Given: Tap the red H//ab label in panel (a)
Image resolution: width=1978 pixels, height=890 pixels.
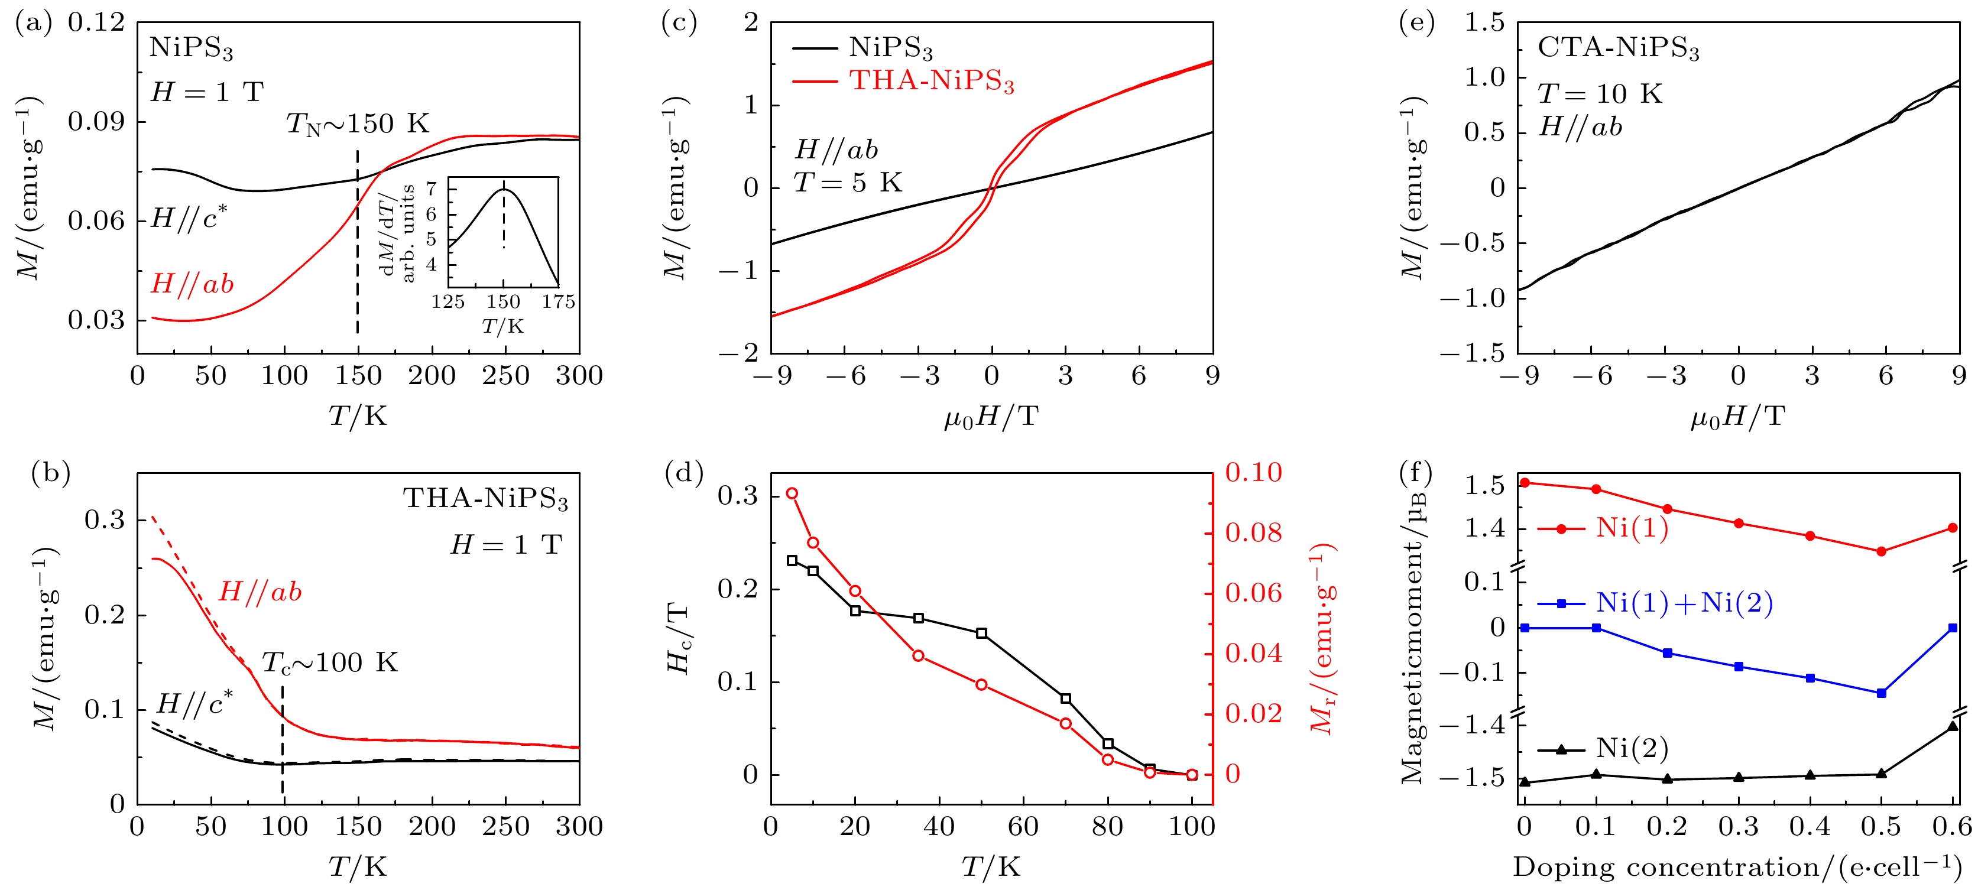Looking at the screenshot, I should click(x=192, y=284).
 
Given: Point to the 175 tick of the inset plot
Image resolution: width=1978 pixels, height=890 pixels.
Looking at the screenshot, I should click(x=558, y=302).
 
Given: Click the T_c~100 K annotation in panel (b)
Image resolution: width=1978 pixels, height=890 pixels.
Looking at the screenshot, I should click(x=330, y=662).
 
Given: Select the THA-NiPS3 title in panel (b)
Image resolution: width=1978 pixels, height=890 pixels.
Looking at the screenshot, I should click(x=485, y=499).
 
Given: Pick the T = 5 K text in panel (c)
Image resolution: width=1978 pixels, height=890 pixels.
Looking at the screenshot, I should click(x=848, y=183).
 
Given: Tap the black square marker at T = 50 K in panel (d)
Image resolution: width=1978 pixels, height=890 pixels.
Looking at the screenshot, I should click(x=981, y=634).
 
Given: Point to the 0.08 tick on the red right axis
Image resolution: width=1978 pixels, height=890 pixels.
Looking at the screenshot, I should click(x=1253, y=533).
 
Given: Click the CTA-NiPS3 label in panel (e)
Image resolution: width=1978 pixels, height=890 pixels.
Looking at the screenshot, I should click(x=1618, y=48).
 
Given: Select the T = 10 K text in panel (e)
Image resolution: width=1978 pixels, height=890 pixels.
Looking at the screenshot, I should click(x=1600, y=94).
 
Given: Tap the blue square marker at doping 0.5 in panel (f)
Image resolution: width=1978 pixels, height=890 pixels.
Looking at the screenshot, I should click(x=1881, y=693).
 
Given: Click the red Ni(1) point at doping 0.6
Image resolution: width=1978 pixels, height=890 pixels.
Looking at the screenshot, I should click(x=1953, y=528).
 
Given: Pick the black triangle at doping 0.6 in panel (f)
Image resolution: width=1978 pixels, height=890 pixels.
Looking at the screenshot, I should click(x=1953, y=726).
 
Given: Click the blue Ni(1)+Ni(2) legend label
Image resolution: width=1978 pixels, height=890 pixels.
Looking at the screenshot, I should click(x=1684, y=603).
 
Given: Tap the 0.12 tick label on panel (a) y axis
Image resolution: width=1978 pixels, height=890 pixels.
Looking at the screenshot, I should click(x=96, y=22).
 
